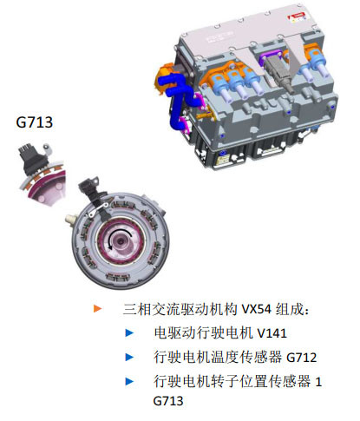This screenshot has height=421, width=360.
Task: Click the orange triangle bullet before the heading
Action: [x=97, y=308]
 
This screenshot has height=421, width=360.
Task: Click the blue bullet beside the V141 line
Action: [x=130, y=332]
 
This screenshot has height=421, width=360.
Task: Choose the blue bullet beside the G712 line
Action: [x=130, y=357]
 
